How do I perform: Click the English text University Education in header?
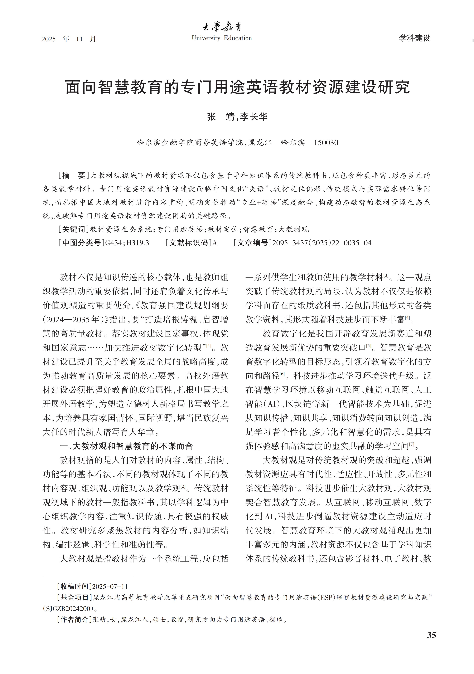(222, 38)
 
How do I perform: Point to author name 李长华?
(254, 117)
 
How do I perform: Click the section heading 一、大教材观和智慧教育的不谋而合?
(126, 446)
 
